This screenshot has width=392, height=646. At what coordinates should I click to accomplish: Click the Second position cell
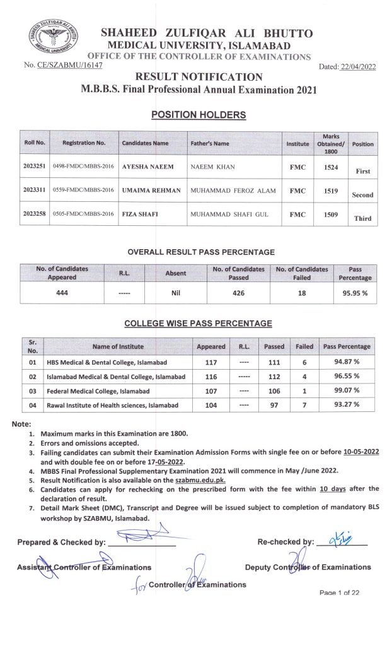point(362,195)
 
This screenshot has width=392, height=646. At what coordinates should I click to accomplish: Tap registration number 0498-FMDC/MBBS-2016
point(83,170)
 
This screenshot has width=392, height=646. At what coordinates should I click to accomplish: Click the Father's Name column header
point(209,144)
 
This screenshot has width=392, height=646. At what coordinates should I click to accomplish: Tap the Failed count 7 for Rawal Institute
point(304,405)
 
